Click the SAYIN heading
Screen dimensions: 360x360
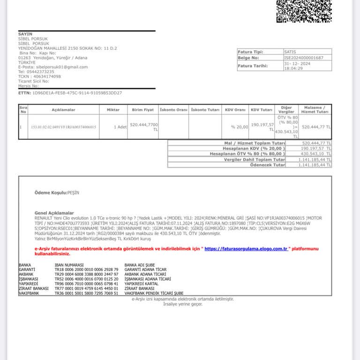point(25,34)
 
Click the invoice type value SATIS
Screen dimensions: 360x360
point(290,52)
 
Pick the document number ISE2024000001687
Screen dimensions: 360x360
point(304,58)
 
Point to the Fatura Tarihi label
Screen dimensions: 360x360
point(253,66)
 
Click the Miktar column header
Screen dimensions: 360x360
point(113,110)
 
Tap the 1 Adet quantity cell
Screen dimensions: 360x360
point(120,127)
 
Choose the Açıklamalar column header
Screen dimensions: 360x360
point(64,110)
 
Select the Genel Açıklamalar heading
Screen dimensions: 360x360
point(54,213)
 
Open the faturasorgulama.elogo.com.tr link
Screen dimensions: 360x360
point(246,249)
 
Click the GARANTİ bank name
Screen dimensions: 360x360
point(27,270)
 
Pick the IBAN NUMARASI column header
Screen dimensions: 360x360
point(69,265)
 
